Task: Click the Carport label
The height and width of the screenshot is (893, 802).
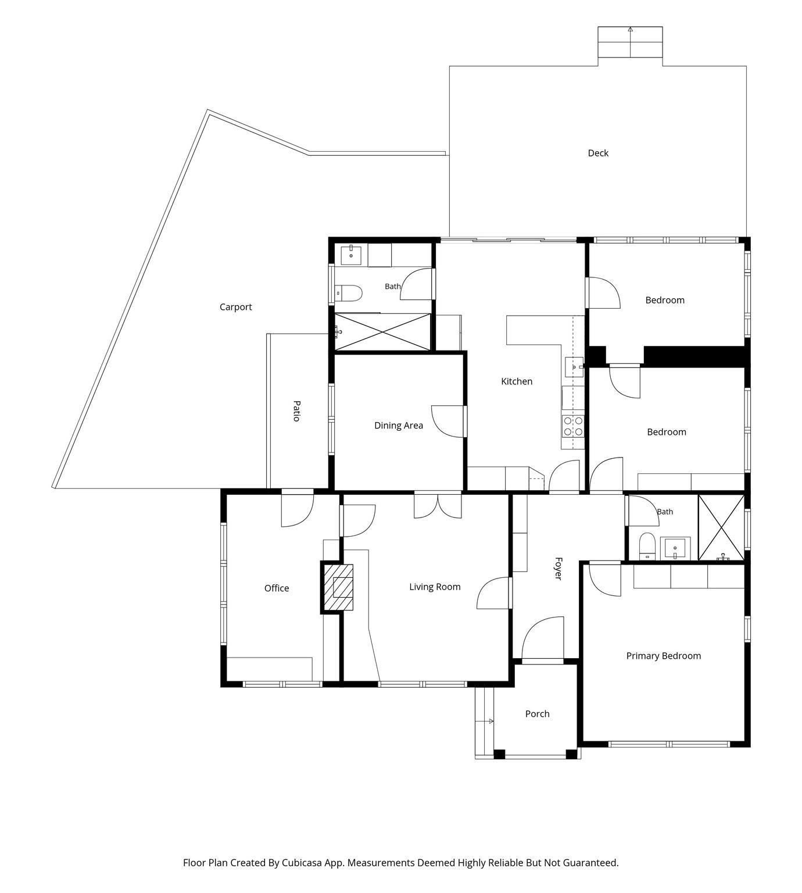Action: [x=236, y=307]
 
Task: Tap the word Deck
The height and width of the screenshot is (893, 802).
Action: [x=598, y=153]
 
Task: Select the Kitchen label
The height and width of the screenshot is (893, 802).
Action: [x=517, y=381]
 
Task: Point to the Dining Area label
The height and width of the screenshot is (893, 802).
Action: [x=398, y=426]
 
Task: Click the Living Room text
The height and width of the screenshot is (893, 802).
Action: [x=435, y=587]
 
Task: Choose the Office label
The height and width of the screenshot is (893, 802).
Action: [x=276, y=588]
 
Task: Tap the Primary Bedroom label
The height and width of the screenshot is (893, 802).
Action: [x=663, y=656]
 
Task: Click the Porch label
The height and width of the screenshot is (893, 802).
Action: [x=537, y=713]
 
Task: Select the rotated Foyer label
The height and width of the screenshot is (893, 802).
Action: [x=558, y=569]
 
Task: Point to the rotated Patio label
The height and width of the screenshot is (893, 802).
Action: [x=297, y=411]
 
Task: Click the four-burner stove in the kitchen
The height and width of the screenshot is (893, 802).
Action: [x=573, y=426]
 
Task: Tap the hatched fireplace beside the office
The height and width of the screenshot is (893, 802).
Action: [x=338, y=587]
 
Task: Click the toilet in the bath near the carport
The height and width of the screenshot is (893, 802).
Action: [x=348, y=292]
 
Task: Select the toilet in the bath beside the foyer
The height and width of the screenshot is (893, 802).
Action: [x=647, y=546]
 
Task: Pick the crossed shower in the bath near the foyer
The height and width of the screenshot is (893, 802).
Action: [x=721, y=528]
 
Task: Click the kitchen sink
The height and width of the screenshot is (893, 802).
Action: [x=574, y=367]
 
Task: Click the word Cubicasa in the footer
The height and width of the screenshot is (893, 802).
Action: [x=302, y=863]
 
